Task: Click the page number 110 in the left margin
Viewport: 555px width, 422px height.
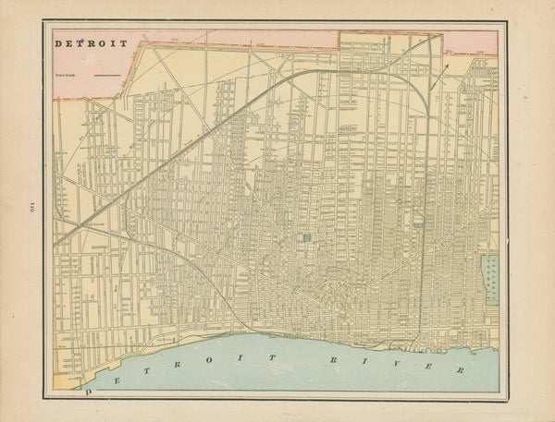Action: tap(18, 205)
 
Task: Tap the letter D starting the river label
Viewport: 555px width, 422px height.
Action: tap(89, 392)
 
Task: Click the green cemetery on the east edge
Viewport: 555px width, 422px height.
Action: tap(491, 280)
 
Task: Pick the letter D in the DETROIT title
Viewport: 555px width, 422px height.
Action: tap(58, 43)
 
